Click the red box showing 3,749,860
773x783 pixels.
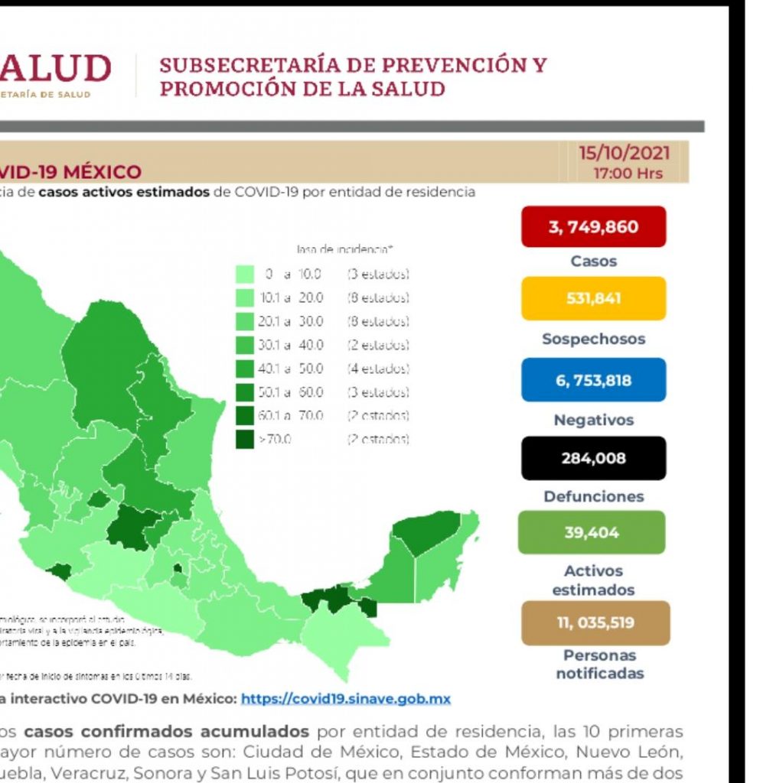click(x=593, y=227)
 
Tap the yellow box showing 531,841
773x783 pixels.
click(x=593, y=298)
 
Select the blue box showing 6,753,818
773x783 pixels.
click(x=593, y=380)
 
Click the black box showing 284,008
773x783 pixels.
click(x=593, y=458)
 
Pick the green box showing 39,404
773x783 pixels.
click(x=592, y=532)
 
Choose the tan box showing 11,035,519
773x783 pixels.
click(x=595, y=622)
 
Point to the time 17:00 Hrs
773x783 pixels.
click(x=628, y=174)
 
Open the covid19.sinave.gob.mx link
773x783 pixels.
click(x=345, y=699)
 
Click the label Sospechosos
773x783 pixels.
click(x=593, y=339)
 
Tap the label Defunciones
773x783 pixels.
click(x=593, y=497)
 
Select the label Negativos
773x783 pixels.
click(x=593, y=420)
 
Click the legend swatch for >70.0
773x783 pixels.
click(x=245, y=440)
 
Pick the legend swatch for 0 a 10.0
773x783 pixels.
click(x=245, y=274)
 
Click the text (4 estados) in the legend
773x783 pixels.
click(x=378, y=369)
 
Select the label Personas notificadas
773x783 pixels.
click(x=599, y=664)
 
